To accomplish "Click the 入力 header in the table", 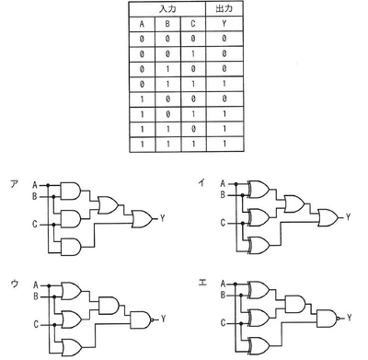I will tap(167, 8).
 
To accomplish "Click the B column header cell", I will tap(167, 23).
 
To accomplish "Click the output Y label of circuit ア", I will tap(163, 218).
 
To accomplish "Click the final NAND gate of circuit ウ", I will tap(140, 319).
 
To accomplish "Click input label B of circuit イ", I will tap(221, 195).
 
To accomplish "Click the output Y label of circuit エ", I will tap(351, 319).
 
